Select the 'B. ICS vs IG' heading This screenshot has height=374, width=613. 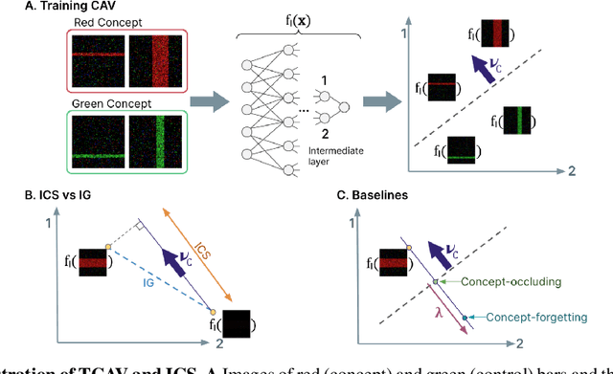pyautogui.click(x=43, y=197)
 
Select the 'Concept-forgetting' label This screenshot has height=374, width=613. pyautogui.click(x=540, y=317)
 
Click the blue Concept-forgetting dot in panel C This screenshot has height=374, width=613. pyautogui.click(x=465, y=317)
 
